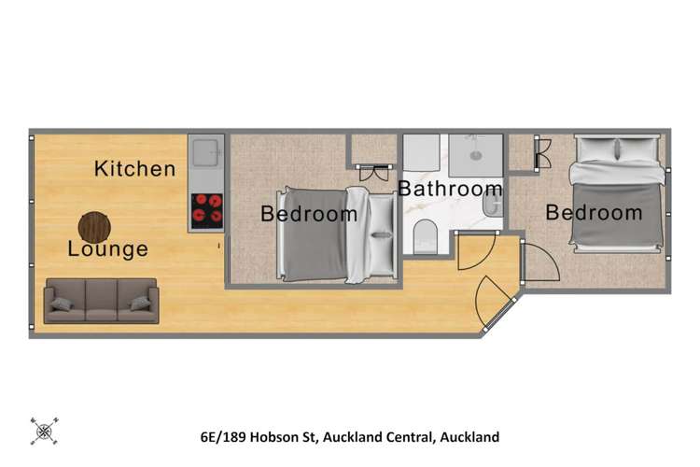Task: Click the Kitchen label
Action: point(135,169)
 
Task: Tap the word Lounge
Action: point(107,249)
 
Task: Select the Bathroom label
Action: point(451,189)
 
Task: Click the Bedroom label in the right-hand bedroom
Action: point(594,213)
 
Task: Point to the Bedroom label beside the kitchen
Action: point(309,214)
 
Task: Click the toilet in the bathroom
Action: point(426,236)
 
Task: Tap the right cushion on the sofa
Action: point(140,303)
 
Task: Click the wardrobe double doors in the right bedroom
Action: point(541,153)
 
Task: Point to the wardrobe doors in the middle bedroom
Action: point(373,172)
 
